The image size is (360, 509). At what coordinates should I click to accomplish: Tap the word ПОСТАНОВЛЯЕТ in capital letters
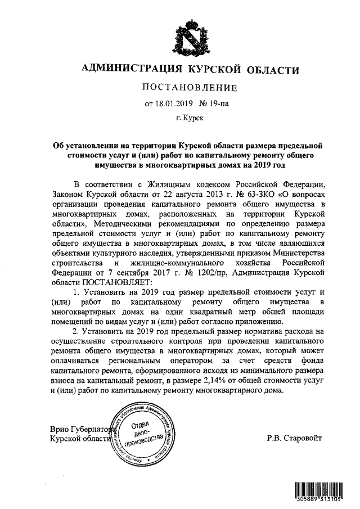point(117,282)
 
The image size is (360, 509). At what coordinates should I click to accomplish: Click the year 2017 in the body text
point(170,272)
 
